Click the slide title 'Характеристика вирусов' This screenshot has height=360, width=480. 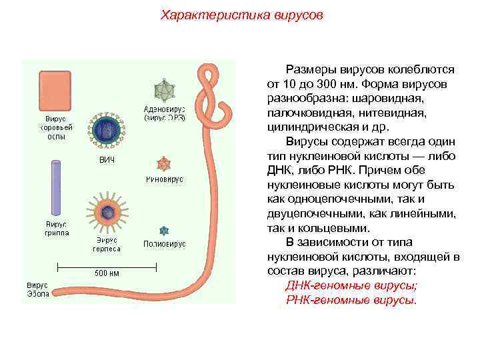239,15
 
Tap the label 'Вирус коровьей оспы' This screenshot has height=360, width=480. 55,127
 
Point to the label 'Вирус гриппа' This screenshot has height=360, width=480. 57,229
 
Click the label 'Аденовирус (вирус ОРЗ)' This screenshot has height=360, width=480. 165,113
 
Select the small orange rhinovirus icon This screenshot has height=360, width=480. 163,164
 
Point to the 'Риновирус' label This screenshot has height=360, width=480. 164,180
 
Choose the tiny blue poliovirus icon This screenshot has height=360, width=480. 163,230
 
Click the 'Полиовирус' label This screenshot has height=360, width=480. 164,243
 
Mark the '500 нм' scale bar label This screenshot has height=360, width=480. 107,273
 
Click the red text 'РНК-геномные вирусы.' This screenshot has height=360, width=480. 351,300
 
